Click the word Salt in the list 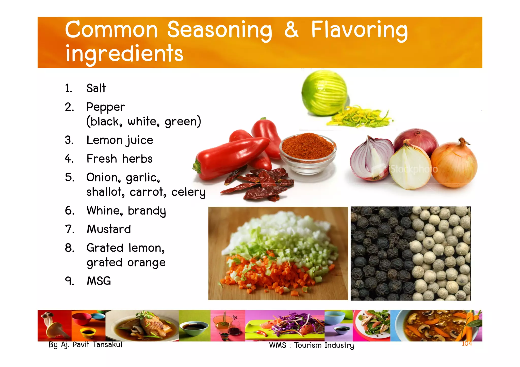point(96,88)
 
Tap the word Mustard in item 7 point(109,229)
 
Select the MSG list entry point(99,281)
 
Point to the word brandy point(147,211)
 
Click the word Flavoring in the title point(359,30)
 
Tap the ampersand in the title point(291,30)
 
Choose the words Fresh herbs point(119,159)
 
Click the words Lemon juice point(120,140)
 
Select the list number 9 point(69,281)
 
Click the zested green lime point(324,93)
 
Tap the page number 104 point(467,343)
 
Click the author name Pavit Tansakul point(97,345)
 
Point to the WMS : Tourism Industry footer point(311,345)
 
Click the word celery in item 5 point(188,192)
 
